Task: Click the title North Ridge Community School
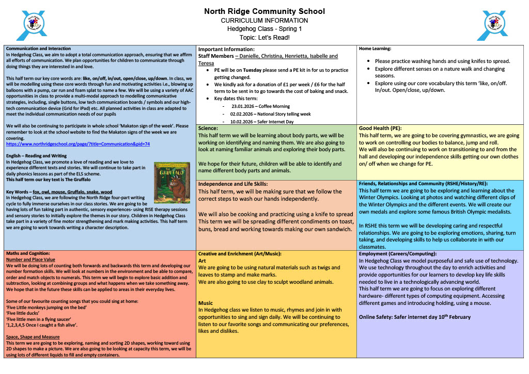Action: point(264,11)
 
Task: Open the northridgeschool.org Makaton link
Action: point(78,144)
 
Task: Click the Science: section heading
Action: point(208,128)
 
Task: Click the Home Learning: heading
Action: point(375,48)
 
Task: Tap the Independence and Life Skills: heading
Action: point(233,184)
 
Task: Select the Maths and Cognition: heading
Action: point(28,253)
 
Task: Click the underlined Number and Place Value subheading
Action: point(30,259)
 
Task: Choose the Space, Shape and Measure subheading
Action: point(33,337)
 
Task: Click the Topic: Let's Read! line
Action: point(264,37)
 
